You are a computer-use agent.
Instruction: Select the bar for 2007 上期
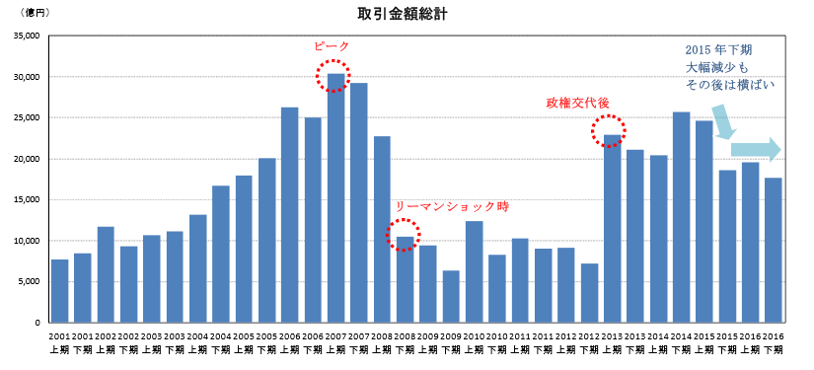(x=335, y=197)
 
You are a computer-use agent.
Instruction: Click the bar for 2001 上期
(x=59, y=291)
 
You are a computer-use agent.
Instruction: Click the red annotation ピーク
(x=332, y=46)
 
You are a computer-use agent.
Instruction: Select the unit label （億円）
(x=28, y=12)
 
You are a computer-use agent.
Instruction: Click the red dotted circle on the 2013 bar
(x=608, y=131)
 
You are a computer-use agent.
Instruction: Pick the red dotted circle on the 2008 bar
(x=405, y=235)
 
